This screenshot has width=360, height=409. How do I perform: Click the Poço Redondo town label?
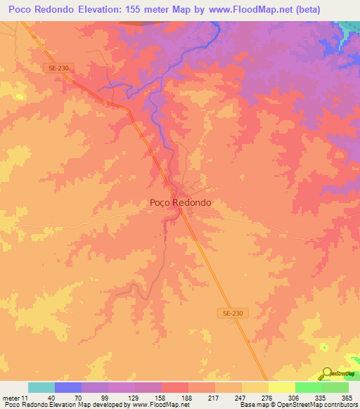[181, 202]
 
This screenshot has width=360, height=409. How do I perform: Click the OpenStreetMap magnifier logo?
[328, 374]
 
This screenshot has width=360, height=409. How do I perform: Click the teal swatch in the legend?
[41, 387]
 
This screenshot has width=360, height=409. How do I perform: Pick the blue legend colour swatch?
[68, 387]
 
